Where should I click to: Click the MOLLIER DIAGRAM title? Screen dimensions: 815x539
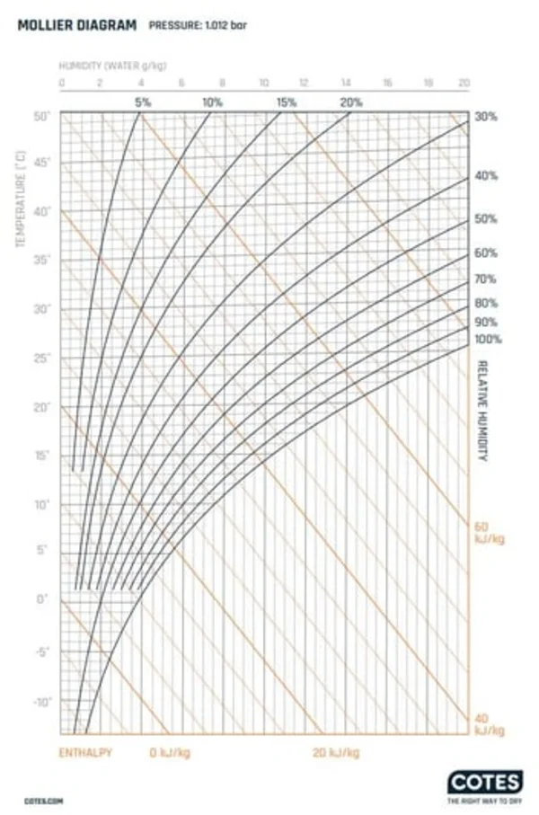77,25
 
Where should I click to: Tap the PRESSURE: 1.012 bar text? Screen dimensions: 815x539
198,26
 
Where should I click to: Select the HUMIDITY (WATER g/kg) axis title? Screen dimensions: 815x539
112,66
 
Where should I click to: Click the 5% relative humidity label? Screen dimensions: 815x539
143,102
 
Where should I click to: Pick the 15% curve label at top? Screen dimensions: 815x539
286,102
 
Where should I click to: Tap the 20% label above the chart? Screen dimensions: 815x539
351,102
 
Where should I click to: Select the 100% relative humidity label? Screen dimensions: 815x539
489,340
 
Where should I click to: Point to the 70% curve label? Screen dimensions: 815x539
486,279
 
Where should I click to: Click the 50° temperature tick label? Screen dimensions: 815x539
41,117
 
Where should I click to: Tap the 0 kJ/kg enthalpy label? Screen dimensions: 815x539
170,752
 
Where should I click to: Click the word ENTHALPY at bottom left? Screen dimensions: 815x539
86,752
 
